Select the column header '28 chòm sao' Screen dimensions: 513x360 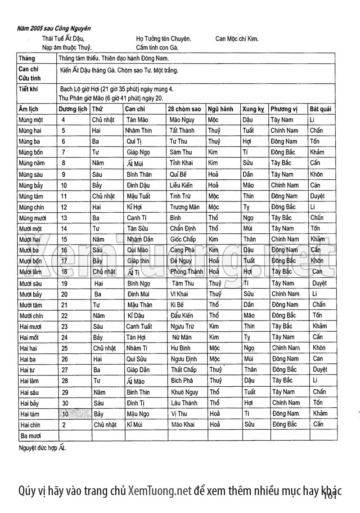184,109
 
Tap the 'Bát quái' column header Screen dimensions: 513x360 320,109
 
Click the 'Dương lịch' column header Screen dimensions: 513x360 73,109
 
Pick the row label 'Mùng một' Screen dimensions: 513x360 31,120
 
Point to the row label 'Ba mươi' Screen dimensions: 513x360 30,436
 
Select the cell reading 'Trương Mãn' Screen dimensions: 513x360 184,207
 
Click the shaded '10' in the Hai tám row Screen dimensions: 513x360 66,414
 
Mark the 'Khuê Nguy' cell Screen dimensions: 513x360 184,392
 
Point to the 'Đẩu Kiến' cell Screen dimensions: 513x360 182,316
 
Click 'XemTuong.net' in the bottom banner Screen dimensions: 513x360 160,491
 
